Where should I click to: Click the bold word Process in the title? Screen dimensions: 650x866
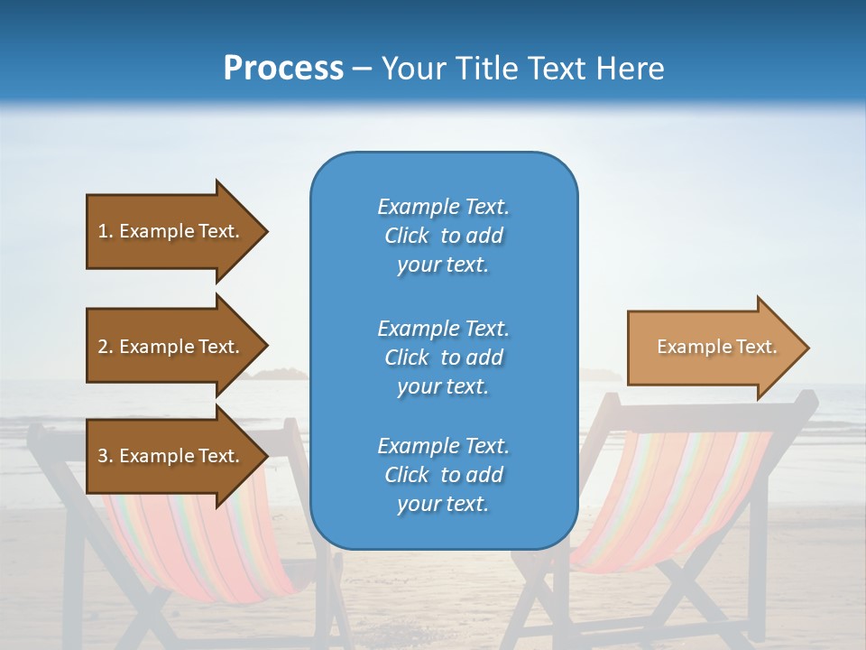[x=283, y=69]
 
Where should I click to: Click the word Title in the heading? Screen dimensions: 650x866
[x=488, y=69]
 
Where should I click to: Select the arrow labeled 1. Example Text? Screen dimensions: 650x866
[x=171, y=231]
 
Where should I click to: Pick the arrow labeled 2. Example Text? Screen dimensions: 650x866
[x=171, y=347]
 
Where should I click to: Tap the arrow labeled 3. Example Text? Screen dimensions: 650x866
[x=171, y=456]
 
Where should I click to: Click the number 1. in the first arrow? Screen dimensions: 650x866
[x=106, y=231]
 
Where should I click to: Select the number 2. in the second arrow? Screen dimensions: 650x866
[x=106, y=347]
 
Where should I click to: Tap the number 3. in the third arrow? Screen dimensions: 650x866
[x=106, y=456]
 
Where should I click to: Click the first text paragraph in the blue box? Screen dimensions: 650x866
[x=443, y=236]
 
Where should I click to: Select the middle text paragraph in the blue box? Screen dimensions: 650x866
[x=443, y=357]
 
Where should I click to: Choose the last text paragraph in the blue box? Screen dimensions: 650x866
[x=443, y=475]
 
